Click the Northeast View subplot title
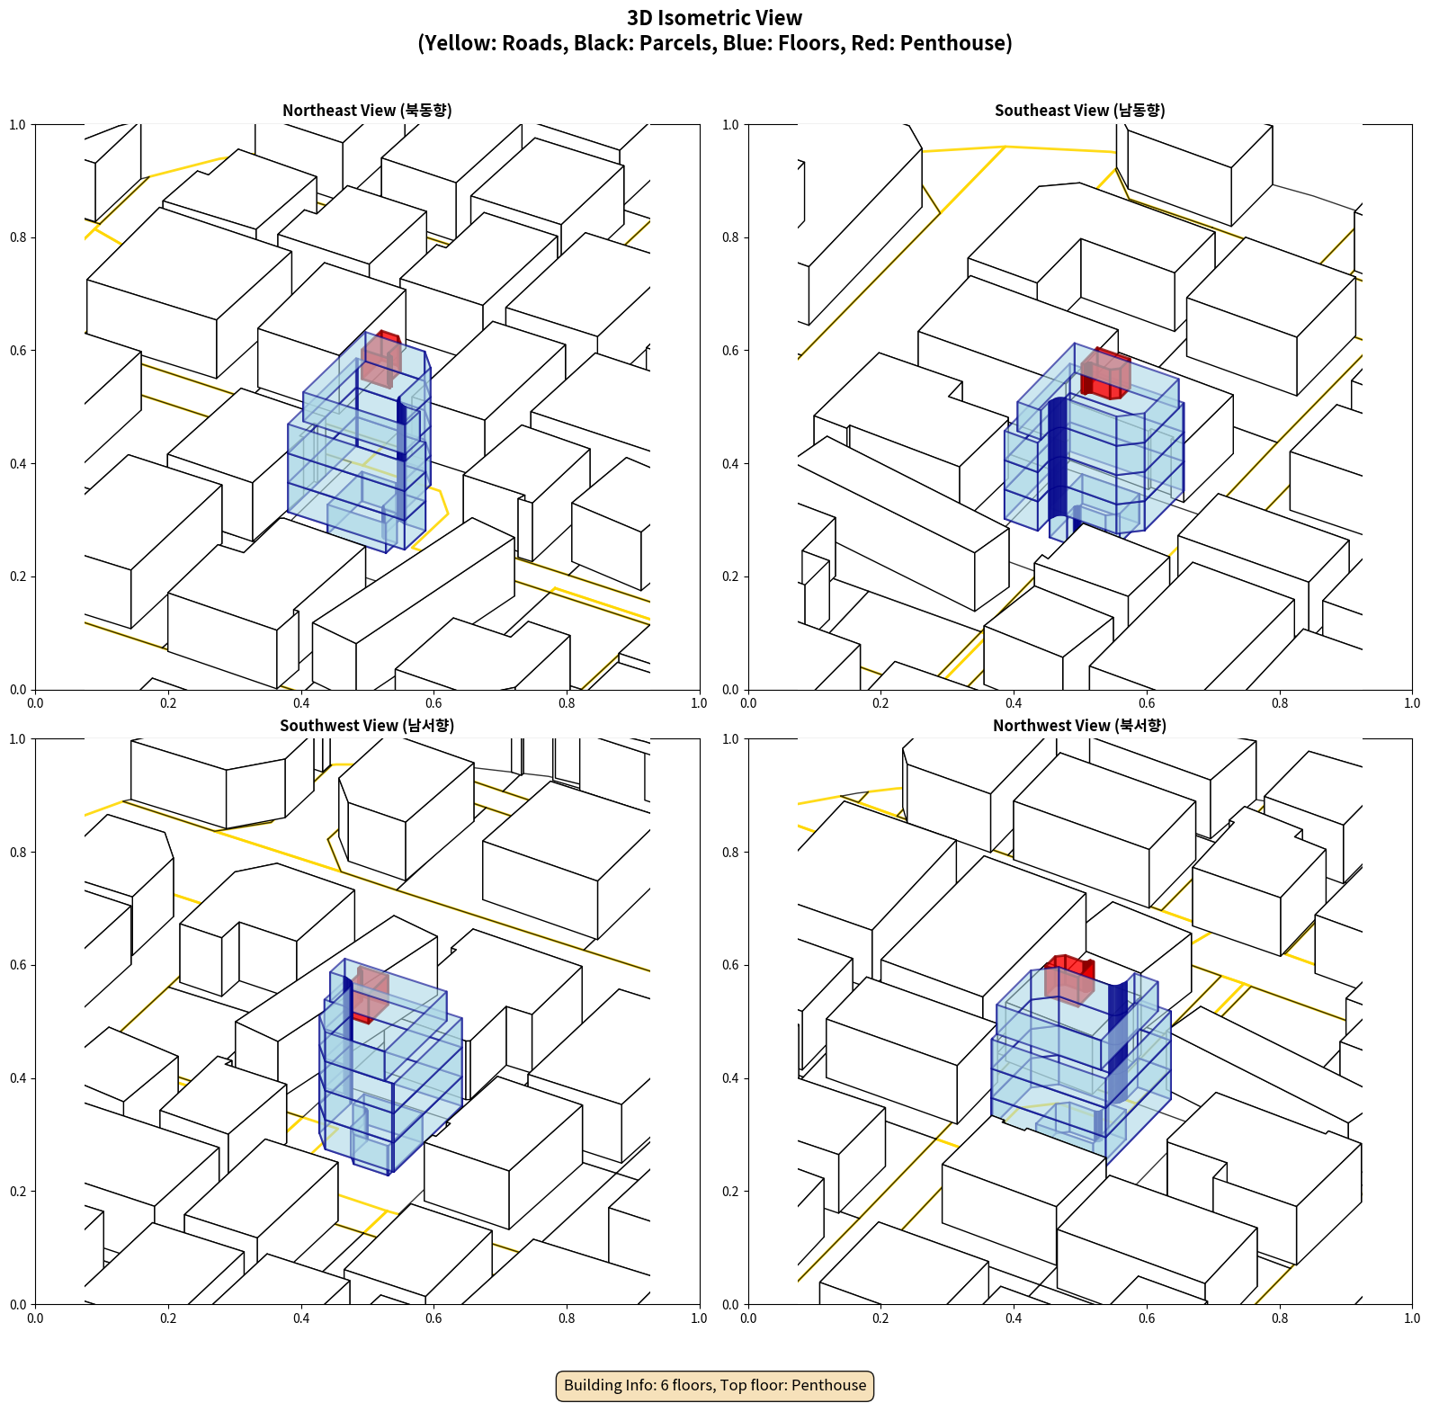(x=367, y=111)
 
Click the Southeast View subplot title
(x=1079, y=111)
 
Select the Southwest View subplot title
(x=367, y=726)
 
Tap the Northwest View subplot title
(x=1079, y=726)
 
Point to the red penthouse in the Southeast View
(x=1105, y=372)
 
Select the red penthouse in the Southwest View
(x=370, y=992)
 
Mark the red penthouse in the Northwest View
(x=1068, y=979)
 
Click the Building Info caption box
(x=715, y=1385)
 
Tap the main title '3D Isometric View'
(x=714, y=18)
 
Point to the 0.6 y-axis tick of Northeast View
(x=18, y=351)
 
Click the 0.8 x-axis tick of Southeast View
(x=1279, y=703)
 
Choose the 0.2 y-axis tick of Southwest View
(x=18, y=1192)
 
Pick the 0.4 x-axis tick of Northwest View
(x=1014, y=1318)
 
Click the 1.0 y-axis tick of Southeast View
(x=730, y=125)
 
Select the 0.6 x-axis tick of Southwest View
(x=433, y=1318)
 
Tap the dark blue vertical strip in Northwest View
(x=1117, y=1043)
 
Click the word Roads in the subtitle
(x=533, y=43)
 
